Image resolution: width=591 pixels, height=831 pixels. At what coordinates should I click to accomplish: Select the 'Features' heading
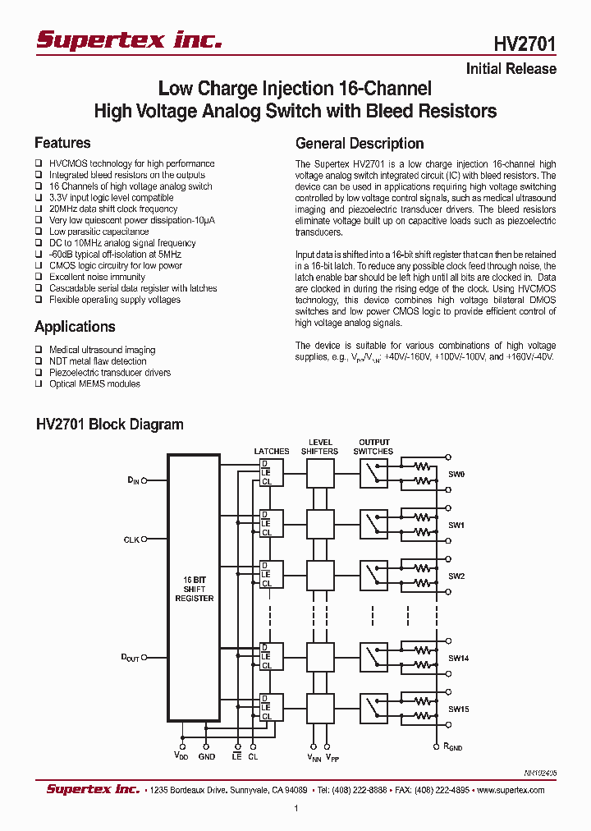pyautogui.click(x=62, y=143)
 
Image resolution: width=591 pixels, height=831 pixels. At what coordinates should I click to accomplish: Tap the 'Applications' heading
pyautogui.click(x=75, y=327)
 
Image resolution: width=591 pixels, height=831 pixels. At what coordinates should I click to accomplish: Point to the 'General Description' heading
pyautogui.click(x=360, y=143)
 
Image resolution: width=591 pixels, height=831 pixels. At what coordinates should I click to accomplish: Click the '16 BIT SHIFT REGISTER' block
pyautogui.click(x=194, y=589)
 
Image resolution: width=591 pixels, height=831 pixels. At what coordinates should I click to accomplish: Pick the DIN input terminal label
pyautogui.click(x=133, y=480)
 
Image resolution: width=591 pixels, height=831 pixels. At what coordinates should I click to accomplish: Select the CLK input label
pyautogui.click(x=131, y=539)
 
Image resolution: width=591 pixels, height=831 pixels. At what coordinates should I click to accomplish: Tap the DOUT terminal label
pyautogui.click(x=131, y=658)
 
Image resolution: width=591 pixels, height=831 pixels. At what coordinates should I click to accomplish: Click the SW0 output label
pyautogui.click(x=456, y=474)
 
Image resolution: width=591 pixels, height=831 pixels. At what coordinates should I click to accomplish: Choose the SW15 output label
pyautogui.click(x=458, y=709)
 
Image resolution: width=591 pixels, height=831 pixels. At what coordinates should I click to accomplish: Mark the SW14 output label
pyautogui.click(x=458, y=659)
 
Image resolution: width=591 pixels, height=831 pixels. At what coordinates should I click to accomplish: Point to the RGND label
pyautogui.click(x=453, y=747)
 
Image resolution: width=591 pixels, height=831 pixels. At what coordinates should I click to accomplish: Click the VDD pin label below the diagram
pyautogui.click(x=182, y=756)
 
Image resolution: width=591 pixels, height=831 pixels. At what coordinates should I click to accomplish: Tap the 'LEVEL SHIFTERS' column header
pyautogui.click(x=319, y=447)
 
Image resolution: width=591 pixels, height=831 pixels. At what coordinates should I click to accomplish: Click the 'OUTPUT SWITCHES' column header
pyautogui.click(x=373, y=447)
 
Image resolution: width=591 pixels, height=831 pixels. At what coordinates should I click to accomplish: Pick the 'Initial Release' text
pyautogui.click(x=511, y=69)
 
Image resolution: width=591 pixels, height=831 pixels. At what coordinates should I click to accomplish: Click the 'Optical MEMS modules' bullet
pyautogui.click(x=94, y=383)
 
